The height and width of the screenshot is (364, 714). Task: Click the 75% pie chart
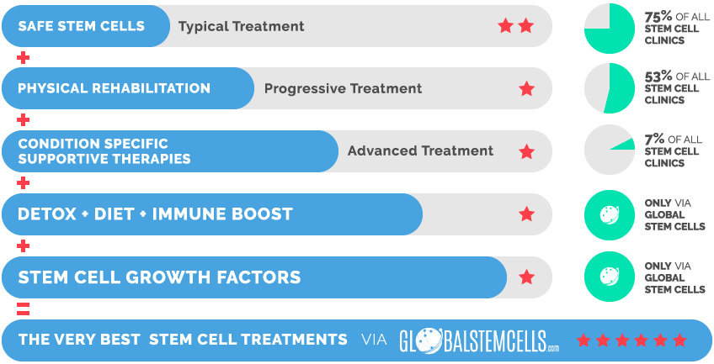610,29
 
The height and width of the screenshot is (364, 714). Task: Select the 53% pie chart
610,88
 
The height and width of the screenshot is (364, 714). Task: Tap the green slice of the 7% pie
624,144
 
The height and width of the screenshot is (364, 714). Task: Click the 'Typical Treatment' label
242,26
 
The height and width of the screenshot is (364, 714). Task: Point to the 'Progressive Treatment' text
343,88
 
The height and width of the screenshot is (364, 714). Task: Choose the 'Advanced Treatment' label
420,150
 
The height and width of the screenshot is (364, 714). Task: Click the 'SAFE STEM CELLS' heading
81,26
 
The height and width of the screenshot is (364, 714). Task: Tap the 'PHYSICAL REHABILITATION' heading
114,88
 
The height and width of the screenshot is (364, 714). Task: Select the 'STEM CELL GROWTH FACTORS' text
159,277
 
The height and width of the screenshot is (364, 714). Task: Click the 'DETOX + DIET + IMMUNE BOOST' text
155,214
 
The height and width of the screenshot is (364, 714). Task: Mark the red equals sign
23,309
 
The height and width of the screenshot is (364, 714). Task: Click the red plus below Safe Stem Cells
23,58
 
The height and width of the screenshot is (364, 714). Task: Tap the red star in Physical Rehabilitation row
526,88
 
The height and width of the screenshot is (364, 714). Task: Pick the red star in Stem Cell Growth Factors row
526,277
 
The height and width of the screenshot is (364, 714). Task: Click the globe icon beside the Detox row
610,215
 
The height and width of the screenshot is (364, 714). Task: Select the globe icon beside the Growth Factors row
610,277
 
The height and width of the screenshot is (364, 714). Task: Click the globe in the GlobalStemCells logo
429,340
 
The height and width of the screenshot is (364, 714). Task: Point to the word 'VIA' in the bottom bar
374,340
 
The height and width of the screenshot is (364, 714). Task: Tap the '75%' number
658,17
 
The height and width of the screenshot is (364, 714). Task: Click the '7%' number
654,139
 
